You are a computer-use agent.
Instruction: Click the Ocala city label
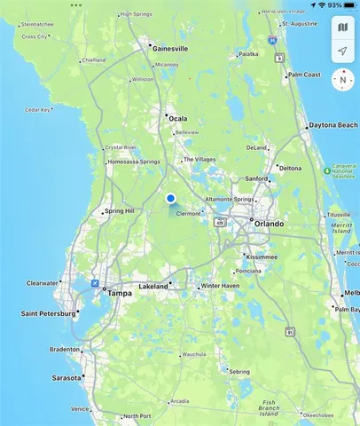click(178, 118)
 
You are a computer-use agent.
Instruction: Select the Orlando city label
click(269, 224)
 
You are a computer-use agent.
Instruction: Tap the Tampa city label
click(119, 292)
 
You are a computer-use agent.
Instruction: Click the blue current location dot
click(170, 198)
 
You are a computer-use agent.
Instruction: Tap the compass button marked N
click(342, 79)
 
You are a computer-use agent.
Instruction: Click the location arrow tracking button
click(342, 52)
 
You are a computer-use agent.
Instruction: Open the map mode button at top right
click(342, 28)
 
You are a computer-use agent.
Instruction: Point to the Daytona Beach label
click(333, 126)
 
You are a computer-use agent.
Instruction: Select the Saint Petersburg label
click(51, 313)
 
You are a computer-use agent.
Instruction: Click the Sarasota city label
click(66, 377)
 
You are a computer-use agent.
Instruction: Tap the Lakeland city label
click(153, 287)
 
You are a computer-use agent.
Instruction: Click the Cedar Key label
click(37, 110)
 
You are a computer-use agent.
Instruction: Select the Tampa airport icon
click(95, 282)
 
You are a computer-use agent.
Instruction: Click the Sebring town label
click(239, 371)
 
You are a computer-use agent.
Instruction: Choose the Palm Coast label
click(308, 75)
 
